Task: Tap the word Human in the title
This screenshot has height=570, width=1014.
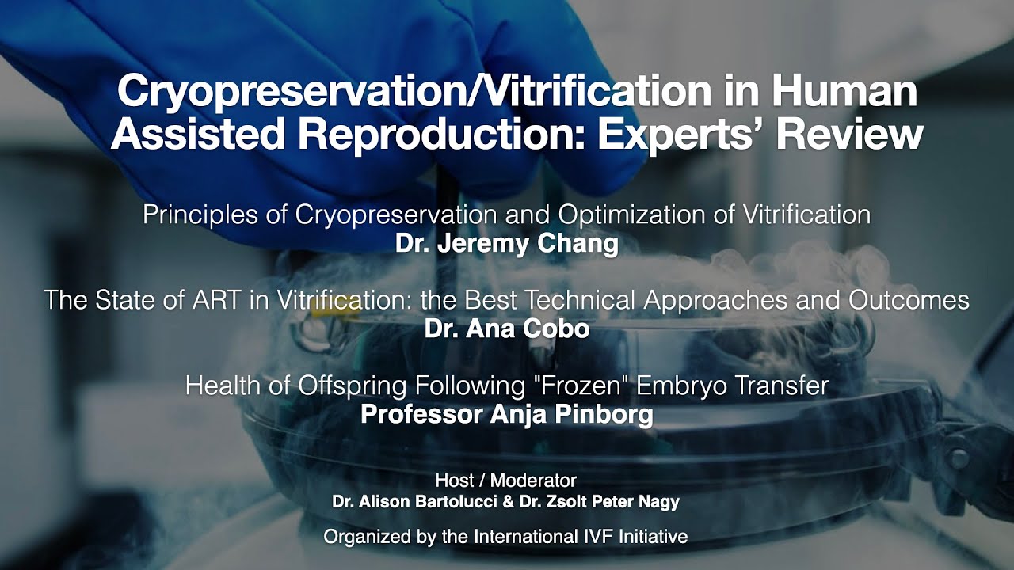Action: point(844,93)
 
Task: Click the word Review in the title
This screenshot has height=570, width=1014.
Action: point(848,135)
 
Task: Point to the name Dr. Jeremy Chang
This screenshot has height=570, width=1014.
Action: point(506,243)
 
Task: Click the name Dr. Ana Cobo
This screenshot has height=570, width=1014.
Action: point(506,329)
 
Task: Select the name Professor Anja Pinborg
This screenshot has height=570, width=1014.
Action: point(506,414)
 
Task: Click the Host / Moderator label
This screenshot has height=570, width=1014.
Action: point(505,481)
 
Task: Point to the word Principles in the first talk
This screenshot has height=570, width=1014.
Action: point(202,215)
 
